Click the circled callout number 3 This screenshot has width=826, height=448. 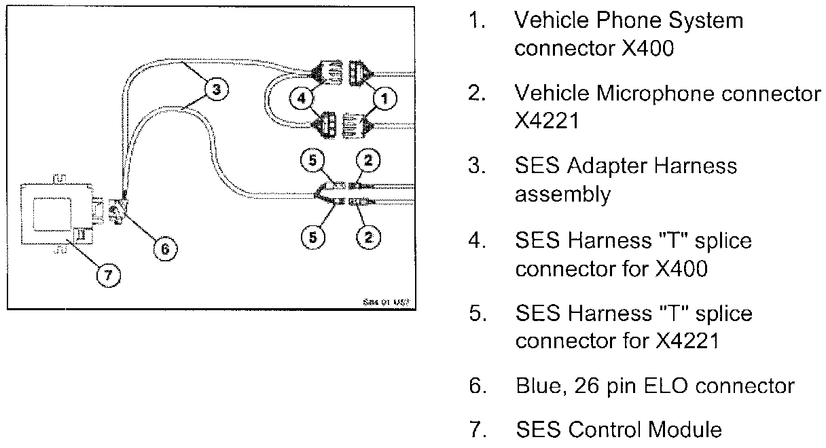[217, 90]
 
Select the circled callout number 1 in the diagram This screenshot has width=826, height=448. [384, 98]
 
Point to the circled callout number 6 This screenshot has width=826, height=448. [163, 250]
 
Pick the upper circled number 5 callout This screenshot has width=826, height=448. [313, 161]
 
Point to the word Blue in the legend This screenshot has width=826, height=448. [536, 386]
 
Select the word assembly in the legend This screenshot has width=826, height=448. [562, 195]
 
